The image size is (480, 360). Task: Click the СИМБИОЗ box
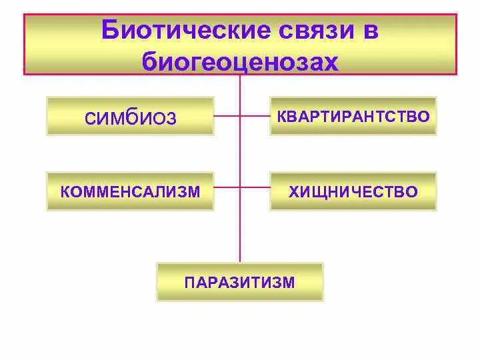(x=131, y=117)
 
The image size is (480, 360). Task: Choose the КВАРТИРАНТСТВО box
(x=353, y=116)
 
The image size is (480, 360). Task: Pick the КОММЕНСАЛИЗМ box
(x=131, y=192)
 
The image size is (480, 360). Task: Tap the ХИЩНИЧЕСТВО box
(x=353, y=192)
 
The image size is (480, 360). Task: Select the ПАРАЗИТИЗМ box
(x=239, y=281)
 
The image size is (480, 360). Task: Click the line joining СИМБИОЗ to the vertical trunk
(x=227, y=116)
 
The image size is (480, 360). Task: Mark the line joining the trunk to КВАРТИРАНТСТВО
(x=255, y=116)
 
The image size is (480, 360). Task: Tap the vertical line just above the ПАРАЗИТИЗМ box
(x=240, y=250)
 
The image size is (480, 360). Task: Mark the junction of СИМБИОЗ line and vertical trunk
(x=240, y=116)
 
